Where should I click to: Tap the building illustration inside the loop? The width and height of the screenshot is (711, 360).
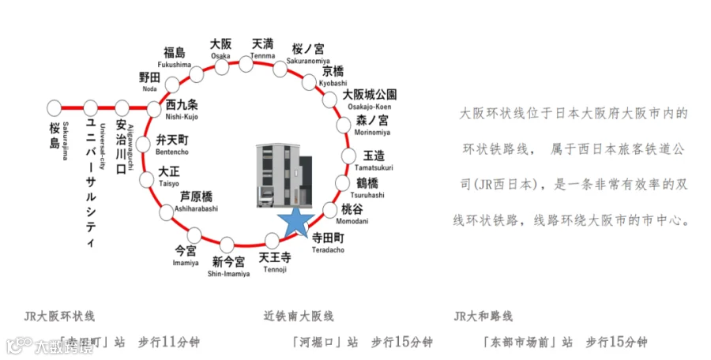tap(285, 176)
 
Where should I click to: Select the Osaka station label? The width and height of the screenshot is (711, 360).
tap(221, 49)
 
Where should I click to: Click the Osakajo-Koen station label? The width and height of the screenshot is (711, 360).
tap(369, 99)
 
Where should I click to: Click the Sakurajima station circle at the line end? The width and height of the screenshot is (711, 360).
tap(55, 107)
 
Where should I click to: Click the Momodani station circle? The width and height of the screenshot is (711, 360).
tap(329, 210)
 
